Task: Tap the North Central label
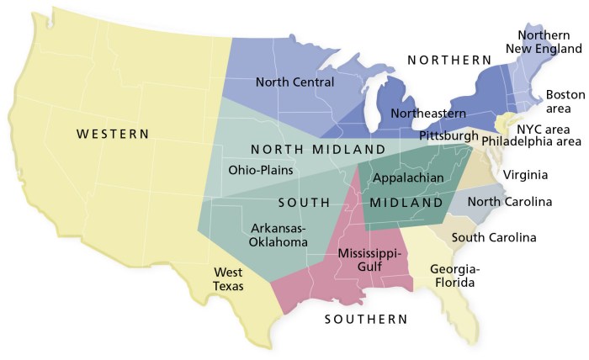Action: (x=294, y=82)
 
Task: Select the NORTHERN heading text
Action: (x=448, y=60)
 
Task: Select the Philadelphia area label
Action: (x=531, y=141)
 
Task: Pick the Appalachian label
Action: (x=408, y=177)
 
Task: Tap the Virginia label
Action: (x=525, y=175)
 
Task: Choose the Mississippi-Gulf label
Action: (x=371, y=260)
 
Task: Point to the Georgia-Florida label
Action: (x=454, y=276)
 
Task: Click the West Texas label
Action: (x=228, y=279)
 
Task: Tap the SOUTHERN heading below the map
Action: (x=366, y=320)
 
